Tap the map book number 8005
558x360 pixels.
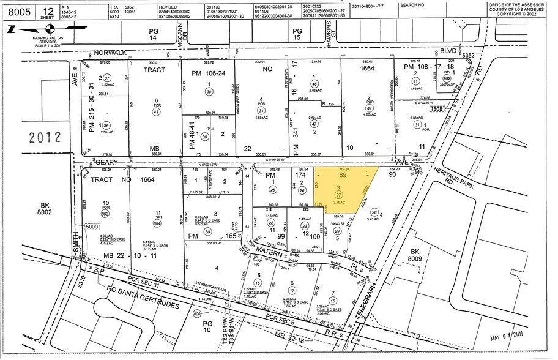point(19,10)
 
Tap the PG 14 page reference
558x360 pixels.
point(154,36)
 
